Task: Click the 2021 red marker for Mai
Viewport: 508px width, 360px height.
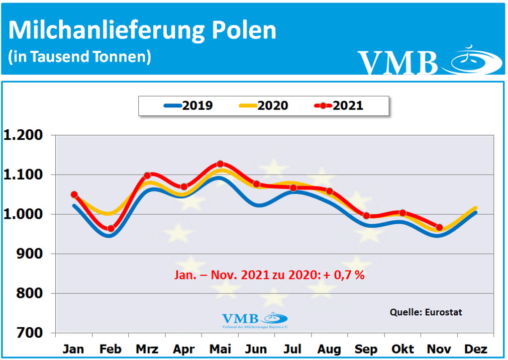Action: click(220, 164)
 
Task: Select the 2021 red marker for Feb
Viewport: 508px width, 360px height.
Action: click(110, 229)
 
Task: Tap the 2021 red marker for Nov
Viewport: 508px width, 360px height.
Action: click(439, 227)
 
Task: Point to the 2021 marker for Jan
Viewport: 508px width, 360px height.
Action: click(74, 194)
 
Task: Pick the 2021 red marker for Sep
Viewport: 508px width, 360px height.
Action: click(366, 216)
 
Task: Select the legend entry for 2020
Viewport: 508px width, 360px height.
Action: click(263, 105)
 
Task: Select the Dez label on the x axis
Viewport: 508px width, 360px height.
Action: click(476, 350)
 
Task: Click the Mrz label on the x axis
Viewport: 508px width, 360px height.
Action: click(147, 350)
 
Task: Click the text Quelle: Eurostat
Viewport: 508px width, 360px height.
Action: click(425, 312)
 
